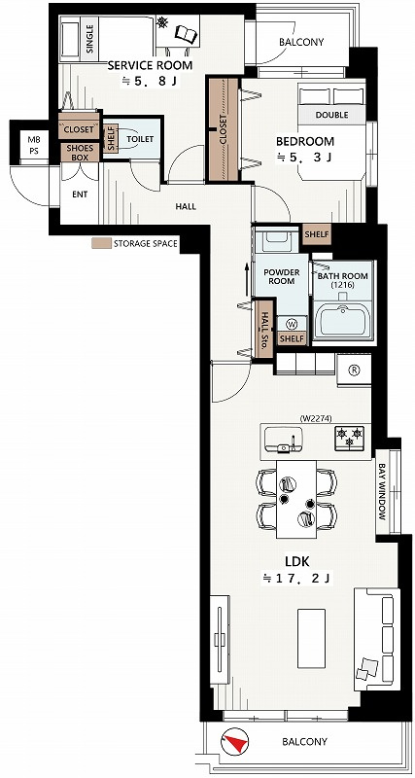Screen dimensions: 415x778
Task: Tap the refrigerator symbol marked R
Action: (x=355, y=370)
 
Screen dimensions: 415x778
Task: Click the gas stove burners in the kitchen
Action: (x=350, y=437)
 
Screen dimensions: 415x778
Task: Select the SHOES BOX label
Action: (x=80, y=153)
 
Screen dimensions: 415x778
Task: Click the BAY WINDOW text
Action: (x=382, y=491)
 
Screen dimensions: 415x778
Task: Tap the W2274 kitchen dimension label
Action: (x=315, y=418)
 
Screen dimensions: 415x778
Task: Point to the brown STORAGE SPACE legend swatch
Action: (x=101, y=244)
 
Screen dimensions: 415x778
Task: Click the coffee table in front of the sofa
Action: (x=311, y=638)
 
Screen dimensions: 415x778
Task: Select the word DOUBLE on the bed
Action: (x=331, y=115)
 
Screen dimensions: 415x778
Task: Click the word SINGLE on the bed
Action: (x=89, y=39)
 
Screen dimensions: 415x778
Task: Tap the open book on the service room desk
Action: (x=186, y=34)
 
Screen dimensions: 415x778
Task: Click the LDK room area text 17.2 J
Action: (x=296, y=578)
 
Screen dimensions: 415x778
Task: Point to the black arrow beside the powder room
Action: (x=247, y=280)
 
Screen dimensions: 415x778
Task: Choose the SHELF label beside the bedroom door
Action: (x=316, y=233)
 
